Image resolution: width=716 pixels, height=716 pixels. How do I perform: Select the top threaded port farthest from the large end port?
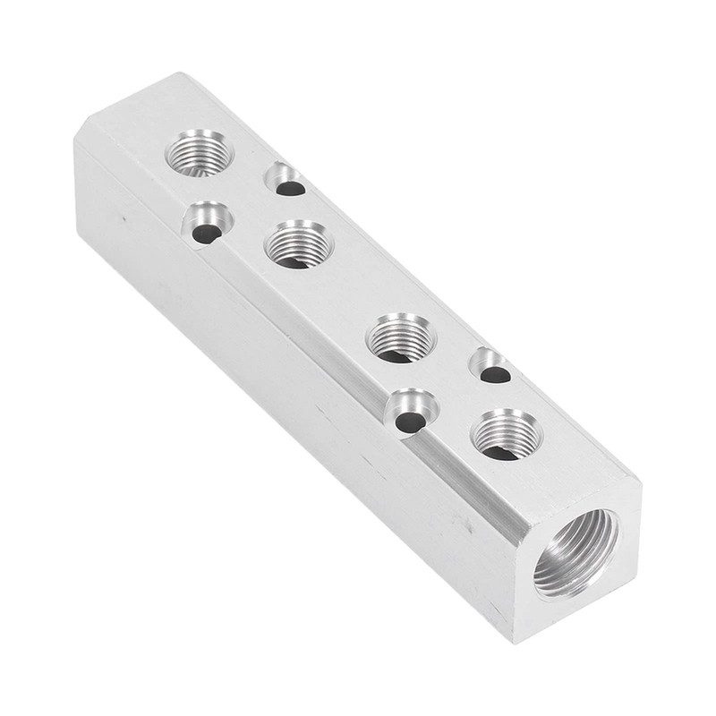coord(199,151)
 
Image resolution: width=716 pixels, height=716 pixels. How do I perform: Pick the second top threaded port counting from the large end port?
coord(402,337)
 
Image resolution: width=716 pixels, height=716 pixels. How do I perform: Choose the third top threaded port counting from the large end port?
coord(300,243)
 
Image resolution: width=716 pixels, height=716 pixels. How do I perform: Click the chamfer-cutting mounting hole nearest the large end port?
coord(411,412)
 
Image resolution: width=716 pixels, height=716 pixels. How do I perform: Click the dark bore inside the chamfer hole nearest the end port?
coord(408,422)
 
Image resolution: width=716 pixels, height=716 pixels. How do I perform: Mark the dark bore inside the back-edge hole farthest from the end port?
coord(289,188)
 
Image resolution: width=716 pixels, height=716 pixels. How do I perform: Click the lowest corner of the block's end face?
coord(518,641)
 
